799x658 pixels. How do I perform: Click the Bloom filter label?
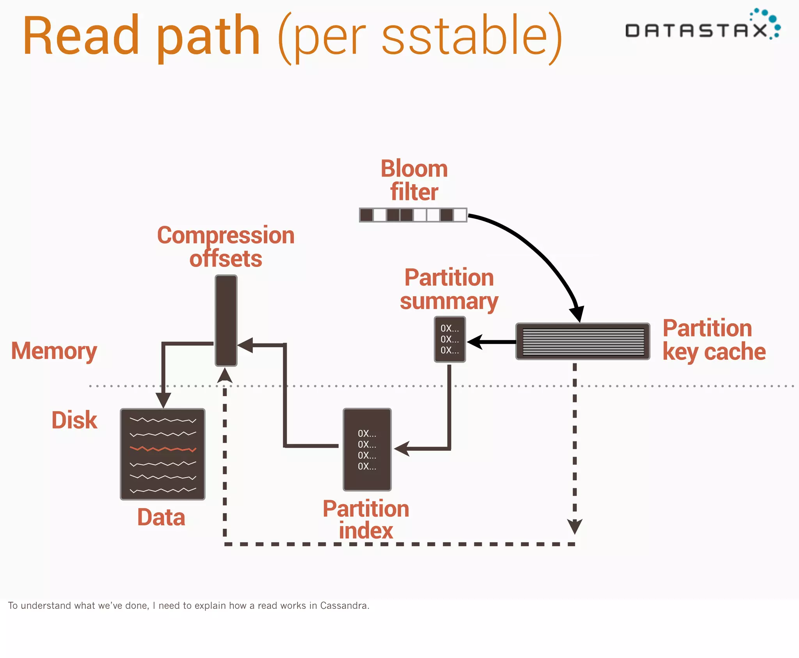click(x=414, y=180)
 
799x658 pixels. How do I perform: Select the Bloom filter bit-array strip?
click(x=413, y=215)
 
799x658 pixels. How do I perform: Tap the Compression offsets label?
click(x=225, y=247)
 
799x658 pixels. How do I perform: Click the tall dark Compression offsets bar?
click(x=226, y=320)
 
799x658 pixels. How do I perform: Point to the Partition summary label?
click(x=449, y=289)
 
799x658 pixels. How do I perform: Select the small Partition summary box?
click(x=450, y=339)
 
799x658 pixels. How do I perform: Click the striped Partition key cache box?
click(x=582, y=341)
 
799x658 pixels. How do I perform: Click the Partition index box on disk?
click(x=367, y=449)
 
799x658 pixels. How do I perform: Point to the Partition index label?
click(x=366, y=519)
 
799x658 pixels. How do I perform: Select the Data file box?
click(x=162, y=454)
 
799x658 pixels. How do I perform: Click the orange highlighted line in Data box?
click(x=163, y=449)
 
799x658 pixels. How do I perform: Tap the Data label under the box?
click(x=161, y=518)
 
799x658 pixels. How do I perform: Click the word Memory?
click(x=54, y=351)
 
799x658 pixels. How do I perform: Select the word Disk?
click(x=74, y=420)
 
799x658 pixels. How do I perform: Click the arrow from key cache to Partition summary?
click(x=492, y=342)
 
